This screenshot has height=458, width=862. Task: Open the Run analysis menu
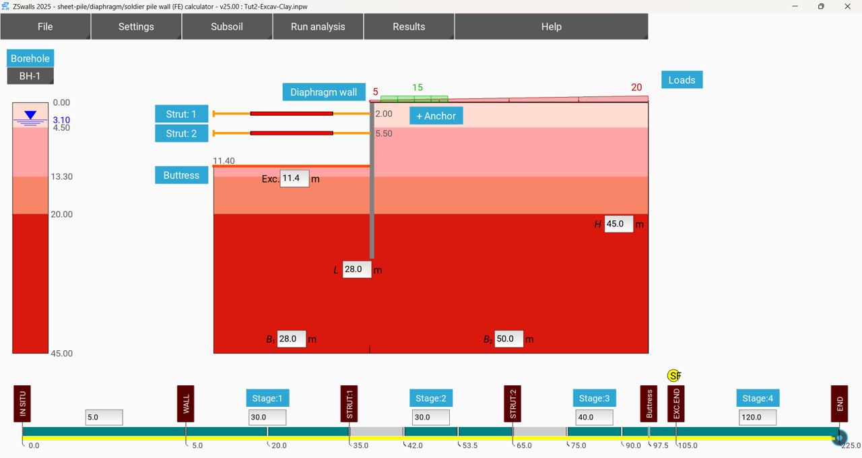pyautogui.click(x=318, y=27)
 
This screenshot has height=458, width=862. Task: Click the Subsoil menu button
pyautogui.click(x=227, y=27)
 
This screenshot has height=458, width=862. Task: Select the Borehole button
pyautogui.click(x=30, y=59)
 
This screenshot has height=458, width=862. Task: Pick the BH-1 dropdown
pyautogui.click(x=30, y=76)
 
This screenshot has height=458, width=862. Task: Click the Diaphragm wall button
pyautogui.click(x=323, y=92)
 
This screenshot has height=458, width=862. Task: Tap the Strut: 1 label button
pyautogui.click(x=181, y=114)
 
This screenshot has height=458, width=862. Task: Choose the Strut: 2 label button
pyautogui.click(x=181, y=133)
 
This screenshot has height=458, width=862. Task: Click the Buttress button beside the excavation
pyautogui.click(x=181, y=175)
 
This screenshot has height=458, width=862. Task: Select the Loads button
pyautogui.click(x=682, y=80)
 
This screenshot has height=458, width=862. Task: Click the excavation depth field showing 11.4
pyautogui.click(x=294, y=178)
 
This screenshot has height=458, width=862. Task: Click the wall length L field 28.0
pyautogui.click(x=356, y=269)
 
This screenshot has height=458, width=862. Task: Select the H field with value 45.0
pyautogui.click(x=618, y=224)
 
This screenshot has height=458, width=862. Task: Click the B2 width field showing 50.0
pyautogui.click(x=508, y=339)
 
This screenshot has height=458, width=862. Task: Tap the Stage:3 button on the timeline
pyautogui.click(x=593, y=398)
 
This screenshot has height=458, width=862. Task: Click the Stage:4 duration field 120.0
pyautogui.click(x=757, y=418)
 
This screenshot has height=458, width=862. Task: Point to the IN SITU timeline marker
pyautogui.click(x=22, y=403)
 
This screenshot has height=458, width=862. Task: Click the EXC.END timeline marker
pyautogui.click(x=676, y=403)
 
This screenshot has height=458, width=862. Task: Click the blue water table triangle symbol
pyautogui.click(x=30, y=116)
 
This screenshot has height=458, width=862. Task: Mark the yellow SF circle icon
pyautogui.click(x=673, y=376)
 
